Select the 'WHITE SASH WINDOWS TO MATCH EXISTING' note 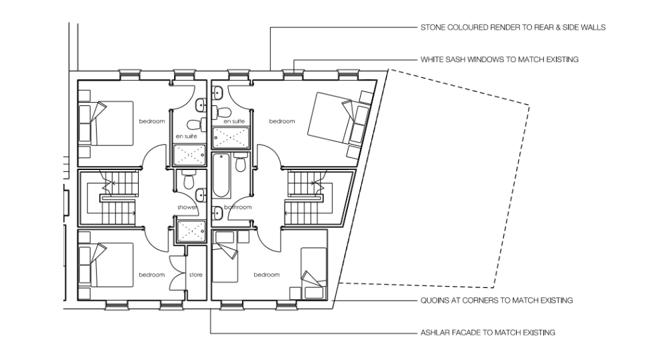click(x=499, y=59)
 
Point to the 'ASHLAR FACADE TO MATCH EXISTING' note click(x=488, y=333)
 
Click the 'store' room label click(x=196, y=275)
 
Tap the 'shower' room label click(x=187, y=207)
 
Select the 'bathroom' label click(x=238, y=207)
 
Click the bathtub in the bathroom click(x=221, y=175)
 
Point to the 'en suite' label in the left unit click(x=186, y=137)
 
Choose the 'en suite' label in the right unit click(x=234, y=121)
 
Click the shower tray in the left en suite click(x=189, y=155)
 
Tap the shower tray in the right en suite click(x=231, y=138)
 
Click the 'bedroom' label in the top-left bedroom click(x=152, y=121)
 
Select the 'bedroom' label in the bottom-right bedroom click(x=267, y=275)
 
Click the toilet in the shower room click(x=189, y=179)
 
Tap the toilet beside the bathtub click(x=241, y=163)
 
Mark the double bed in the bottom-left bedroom click(x=107, y=265)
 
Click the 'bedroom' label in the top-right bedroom click(x=282, y=121)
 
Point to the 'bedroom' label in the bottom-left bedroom click(x=152, y=275)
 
